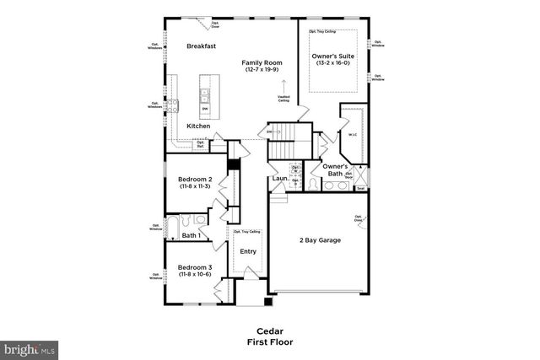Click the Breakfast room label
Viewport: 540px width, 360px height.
(202, 46)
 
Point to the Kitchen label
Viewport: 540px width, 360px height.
(198, 126)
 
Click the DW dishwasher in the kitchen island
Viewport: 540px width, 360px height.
(205, 109)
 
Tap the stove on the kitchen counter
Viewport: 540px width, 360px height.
(177, 106)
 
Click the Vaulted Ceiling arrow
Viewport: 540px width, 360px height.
(283, 86)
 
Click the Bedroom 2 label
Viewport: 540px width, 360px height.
(194, 179)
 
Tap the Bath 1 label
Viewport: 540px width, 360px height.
(191, 235)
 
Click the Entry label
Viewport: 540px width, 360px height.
(248, 250)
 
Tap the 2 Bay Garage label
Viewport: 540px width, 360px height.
(321, 240)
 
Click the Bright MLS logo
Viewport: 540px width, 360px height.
(30, 347)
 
